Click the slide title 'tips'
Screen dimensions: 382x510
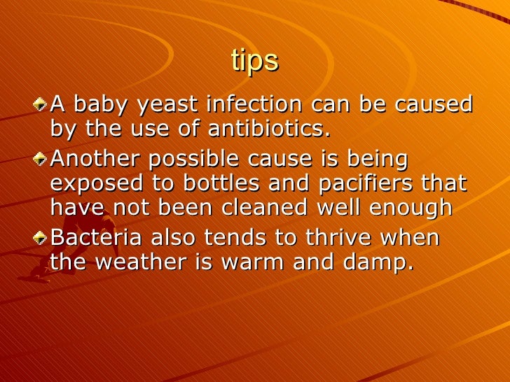[x=254, y=62]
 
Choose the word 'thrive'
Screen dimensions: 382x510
[x=328, y=239]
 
